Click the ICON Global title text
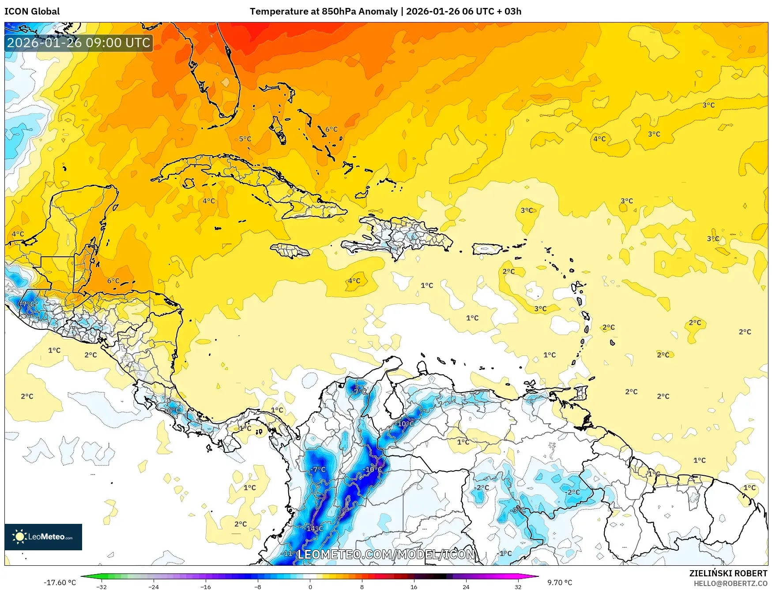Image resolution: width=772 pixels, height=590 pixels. [32, 11]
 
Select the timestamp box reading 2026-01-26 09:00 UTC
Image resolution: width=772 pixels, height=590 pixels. [79, 43]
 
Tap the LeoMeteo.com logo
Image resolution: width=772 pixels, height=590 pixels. [43, 537]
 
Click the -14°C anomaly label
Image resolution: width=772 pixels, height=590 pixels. [314, 528]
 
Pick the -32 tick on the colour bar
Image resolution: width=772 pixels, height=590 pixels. [102, 586]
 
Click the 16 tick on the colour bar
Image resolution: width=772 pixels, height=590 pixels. [414, 586]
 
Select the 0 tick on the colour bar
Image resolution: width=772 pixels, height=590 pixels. [310, 586]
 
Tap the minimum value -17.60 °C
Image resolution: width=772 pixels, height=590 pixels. [60, 583]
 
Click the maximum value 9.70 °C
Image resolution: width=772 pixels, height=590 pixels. [560, 583]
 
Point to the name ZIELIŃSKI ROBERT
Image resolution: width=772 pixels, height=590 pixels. [728, 573]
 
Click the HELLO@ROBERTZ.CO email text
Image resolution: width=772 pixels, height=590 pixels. [730, 583]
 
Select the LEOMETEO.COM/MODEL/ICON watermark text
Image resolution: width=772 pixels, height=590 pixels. [386, 554]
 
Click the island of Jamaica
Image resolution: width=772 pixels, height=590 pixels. [290, 251]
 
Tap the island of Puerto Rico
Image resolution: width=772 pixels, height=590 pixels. [487, 249]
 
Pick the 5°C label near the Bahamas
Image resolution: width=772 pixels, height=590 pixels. [245, 139]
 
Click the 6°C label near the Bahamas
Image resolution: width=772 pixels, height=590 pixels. [331, 129]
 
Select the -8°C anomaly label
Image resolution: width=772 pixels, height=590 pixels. [518, 510]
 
